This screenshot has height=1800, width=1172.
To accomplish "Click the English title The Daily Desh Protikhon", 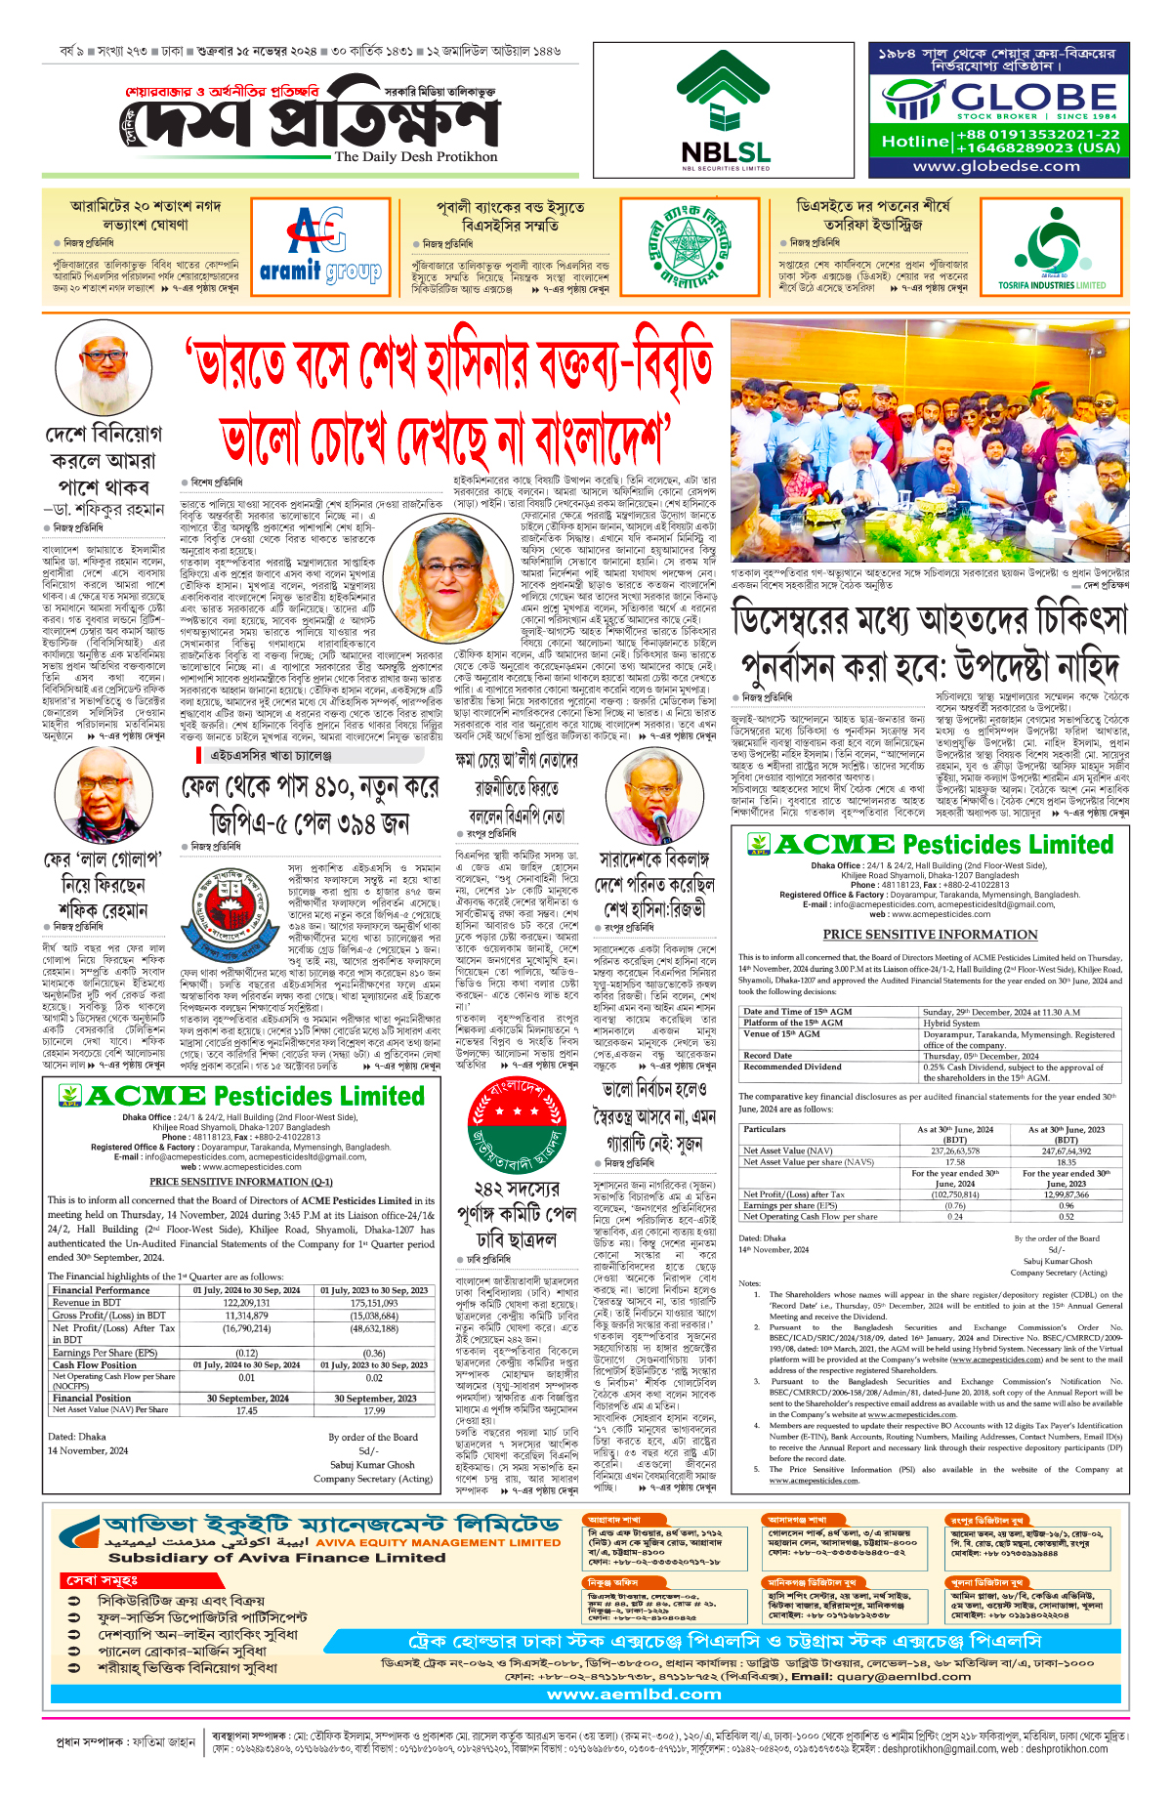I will pos(415,156).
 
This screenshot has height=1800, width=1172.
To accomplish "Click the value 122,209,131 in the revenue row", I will pos(247,1303).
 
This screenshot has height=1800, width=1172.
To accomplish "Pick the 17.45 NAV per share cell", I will pos(247,1410).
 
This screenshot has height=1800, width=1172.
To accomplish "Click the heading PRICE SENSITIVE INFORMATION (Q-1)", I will pos(241,1182).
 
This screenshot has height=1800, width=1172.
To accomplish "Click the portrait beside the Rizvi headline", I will pos(656,798).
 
